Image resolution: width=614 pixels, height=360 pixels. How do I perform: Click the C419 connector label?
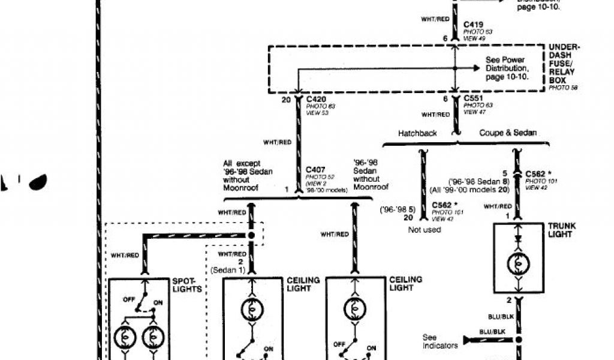[474, 26]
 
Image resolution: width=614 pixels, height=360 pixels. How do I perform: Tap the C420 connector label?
[316, 99]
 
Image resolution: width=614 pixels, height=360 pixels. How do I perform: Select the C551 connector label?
[475, 98]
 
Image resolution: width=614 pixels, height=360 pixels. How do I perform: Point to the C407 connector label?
[316, 170]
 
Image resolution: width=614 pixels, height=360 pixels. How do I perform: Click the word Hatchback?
[417, 133]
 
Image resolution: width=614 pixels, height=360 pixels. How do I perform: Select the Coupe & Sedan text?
[508, 133]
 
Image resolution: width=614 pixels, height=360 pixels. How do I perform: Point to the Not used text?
[424, 230]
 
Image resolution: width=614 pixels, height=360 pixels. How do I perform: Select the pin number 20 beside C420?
[286, 99]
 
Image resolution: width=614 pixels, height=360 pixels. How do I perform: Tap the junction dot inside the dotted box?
[252, 235]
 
